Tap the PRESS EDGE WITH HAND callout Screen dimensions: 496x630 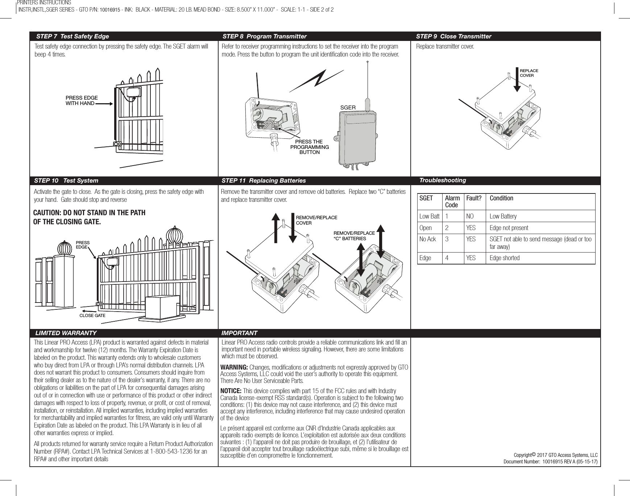click(81, 101)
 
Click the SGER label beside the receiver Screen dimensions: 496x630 click(348, 108)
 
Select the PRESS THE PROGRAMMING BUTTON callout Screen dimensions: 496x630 click(309, 147)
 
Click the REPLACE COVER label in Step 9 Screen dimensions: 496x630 click(529, 73)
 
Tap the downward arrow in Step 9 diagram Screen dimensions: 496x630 click(517, 80)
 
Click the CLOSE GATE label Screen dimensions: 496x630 click(92, 316)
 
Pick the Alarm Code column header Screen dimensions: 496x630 click(452, 201)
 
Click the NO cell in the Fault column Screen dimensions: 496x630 click(470, 216)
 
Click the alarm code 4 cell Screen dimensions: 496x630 click(447, 258)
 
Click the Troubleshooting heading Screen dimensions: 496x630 click(442, 180)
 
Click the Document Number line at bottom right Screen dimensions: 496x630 click(551, 462)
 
